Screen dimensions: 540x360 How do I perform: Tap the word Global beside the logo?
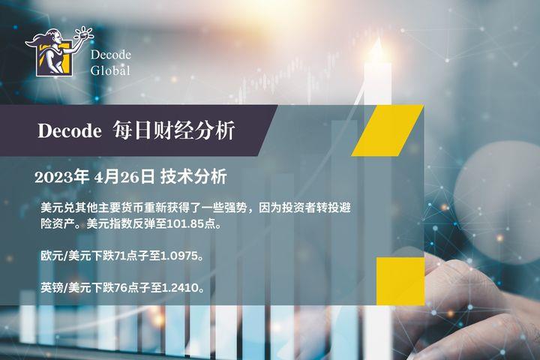click(x=110, y=70)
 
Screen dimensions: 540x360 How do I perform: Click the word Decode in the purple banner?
click(x=70, y=131)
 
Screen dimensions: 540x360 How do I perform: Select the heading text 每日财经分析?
click(x=174, y=130)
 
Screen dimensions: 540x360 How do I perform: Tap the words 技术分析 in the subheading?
click(x=193, y=177)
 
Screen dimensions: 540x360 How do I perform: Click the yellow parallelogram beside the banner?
click(x=388, y=130)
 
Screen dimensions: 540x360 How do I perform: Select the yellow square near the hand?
click(x=400, y=281)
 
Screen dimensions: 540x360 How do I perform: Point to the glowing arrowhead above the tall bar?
click(x=376, y=46)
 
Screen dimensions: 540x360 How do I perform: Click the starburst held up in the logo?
click(x=84, y=33)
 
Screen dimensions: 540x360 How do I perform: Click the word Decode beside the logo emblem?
click(x=111, y=55)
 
